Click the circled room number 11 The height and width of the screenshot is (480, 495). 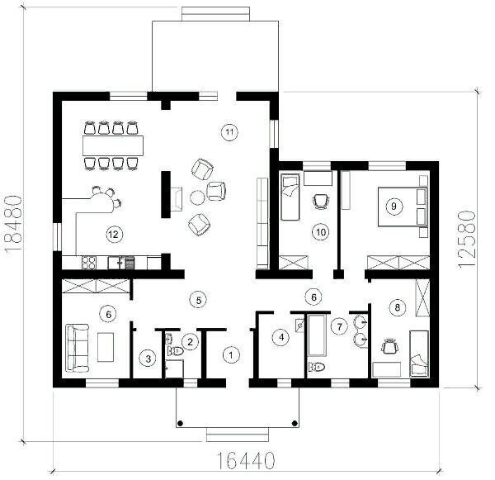(229, 132)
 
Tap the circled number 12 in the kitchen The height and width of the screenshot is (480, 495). (114, 235)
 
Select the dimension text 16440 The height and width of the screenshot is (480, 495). (246, 460)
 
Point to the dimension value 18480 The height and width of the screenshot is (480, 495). (14, 223)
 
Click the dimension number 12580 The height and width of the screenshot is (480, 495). (466, 240)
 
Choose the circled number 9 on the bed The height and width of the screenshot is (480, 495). (394, 207)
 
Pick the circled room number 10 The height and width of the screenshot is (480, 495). (321, 232)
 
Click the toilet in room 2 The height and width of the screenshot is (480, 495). (176, 350)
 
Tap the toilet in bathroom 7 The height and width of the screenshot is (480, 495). (317, 367)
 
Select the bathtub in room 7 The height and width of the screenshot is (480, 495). (317, 335)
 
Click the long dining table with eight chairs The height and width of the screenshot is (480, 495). (113, 145)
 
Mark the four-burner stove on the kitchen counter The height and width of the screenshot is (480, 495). (89, 263)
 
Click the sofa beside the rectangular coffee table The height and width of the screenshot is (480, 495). (77, 348)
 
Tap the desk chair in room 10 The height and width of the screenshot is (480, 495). (321, 201)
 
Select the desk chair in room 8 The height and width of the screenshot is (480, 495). (389, 346)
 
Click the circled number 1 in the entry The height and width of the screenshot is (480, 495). (231, 354)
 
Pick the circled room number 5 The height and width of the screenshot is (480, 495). (199, 300)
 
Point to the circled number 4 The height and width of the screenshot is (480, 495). (281, 337)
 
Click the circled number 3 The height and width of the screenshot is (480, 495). (148, 359)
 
